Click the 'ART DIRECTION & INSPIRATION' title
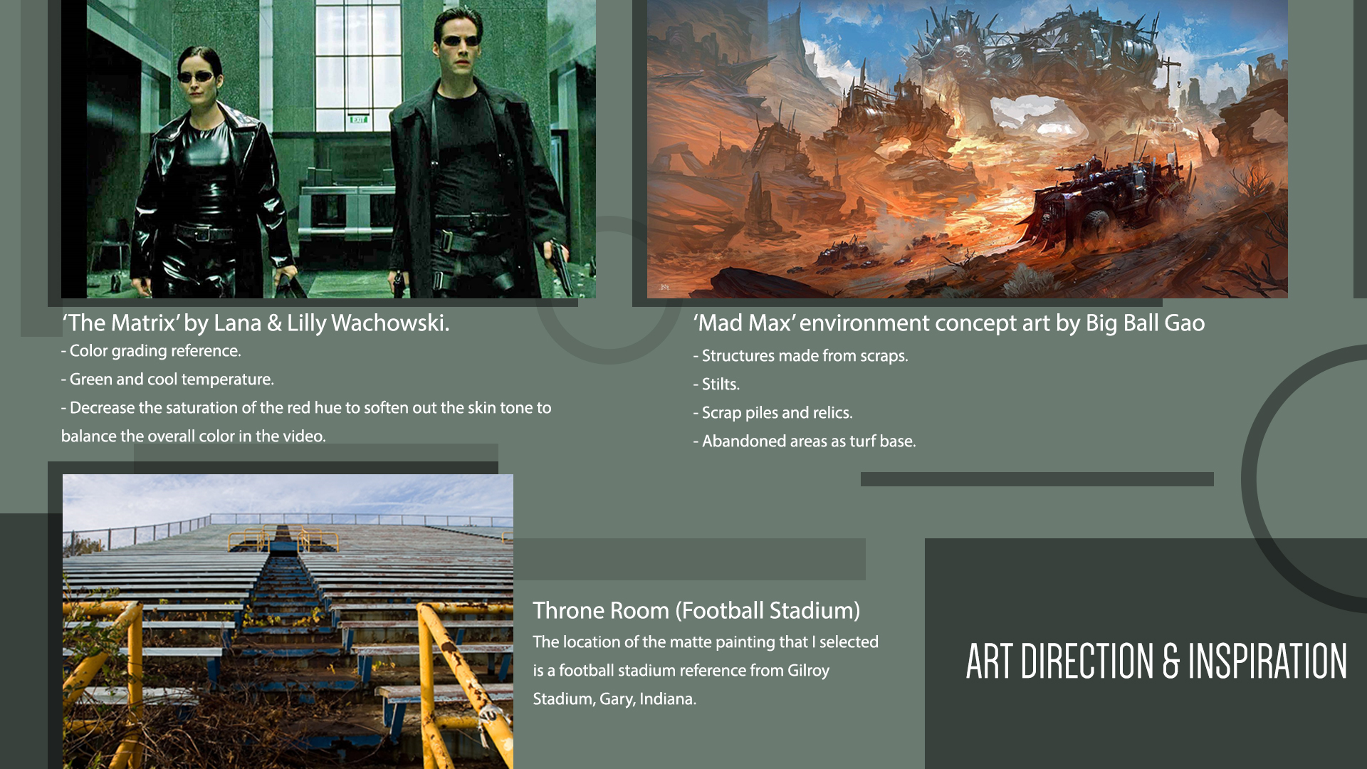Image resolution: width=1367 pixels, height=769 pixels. (x=1156, y=661)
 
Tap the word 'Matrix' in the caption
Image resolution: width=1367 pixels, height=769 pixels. (x=145, y=323)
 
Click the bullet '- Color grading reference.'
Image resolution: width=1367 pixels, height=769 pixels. (x=151, y=351)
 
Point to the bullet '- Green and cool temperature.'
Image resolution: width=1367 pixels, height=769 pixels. (x=167, y=380)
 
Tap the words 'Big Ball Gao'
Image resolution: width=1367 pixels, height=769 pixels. (x=1145, y=323)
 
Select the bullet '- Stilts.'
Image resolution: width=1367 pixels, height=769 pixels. (x=716, y=384)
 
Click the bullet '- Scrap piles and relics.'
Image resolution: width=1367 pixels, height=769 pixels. (x=772, y=413)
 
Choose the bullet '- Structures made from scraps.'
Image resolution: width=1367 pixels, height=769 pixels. (x=800, y=356)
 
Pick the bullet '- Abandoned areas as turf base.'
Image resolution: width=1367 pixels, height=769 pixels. (x=805, y=441)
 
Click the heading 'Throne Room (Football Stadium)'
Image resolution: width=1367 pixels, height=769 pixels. (x=696, y=611)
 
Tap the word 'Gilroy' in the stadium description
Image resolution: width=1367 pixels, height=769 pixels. (x=808, y=671)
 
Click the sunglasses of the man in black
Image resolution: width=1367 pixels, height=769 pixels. (x=460, y=41)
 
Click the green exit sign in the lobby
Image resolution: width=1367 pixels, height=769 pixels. (x=358, y=119)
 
